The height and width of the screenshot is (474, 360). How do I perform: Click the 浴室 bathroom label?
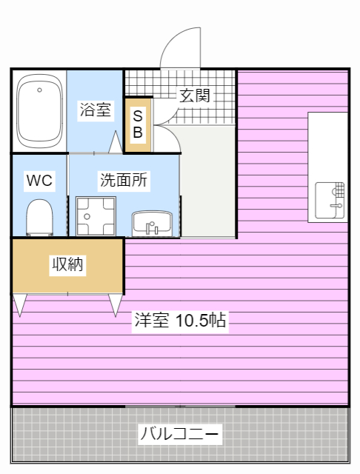(96, 110)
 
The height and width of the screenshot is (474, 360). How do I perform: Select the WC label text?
(39, 180)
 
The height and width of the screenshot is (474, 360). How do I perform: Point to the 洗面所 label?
(124, 180)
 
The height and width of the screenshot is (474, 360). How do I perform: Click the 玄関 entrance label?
(195, 95)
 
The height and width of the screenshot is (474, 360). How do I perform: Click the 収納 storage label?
(67, 264)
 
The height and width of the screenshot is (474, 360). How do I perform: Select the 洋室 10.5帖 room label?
(180, 320)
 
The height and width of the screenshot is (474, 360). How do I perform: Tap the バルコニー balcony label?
(179, 433)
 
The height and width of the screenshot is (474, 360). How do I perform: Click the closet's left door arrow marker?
(19, 304)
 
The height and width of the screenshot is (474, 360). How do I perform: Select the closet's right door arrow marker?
(116, 304)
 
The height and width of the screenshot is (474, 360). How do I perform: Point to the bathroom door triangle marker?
(116, 142)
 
